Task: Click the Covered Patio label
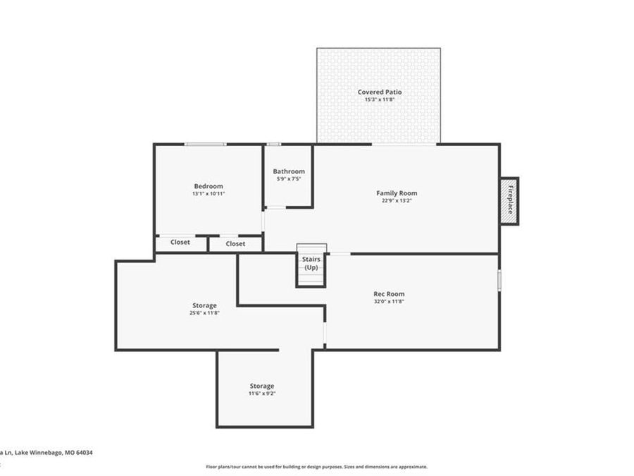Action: click(380, 92)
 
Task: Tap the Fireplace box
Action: click(509, 201)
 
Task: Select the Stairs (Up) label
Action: click(311, 263)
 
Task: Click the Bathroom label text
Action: click(289, 171)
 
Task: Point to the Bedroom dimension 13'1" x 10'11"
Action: click(209, 193)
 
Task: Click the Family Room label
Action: click(397, 193)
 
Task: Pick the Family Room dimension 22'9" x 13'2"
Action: click(397, 200)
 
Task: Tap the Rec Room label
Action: click(389, 294)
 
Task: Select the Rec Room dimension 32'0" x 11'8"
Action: click(389, 301)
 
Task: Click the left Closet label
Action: click(180, 243)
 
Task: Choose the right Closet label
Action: click(236, 244)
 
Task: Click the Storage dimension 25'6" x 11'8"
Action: click(204, 312)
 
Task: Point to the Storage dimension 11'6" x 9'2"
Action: click(261, 393)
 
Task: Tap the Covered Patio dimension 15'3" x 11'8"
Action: click(380, 99)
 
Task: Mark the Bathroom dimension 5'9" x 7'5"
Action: click(289, 178)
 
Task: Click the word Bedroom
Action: click(209, 186)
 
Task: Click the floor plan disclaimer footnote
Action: click(316, 467)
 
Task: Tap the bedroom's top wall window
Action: click(206, 145)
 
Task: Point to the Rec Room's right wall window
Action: click(499, 280)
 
